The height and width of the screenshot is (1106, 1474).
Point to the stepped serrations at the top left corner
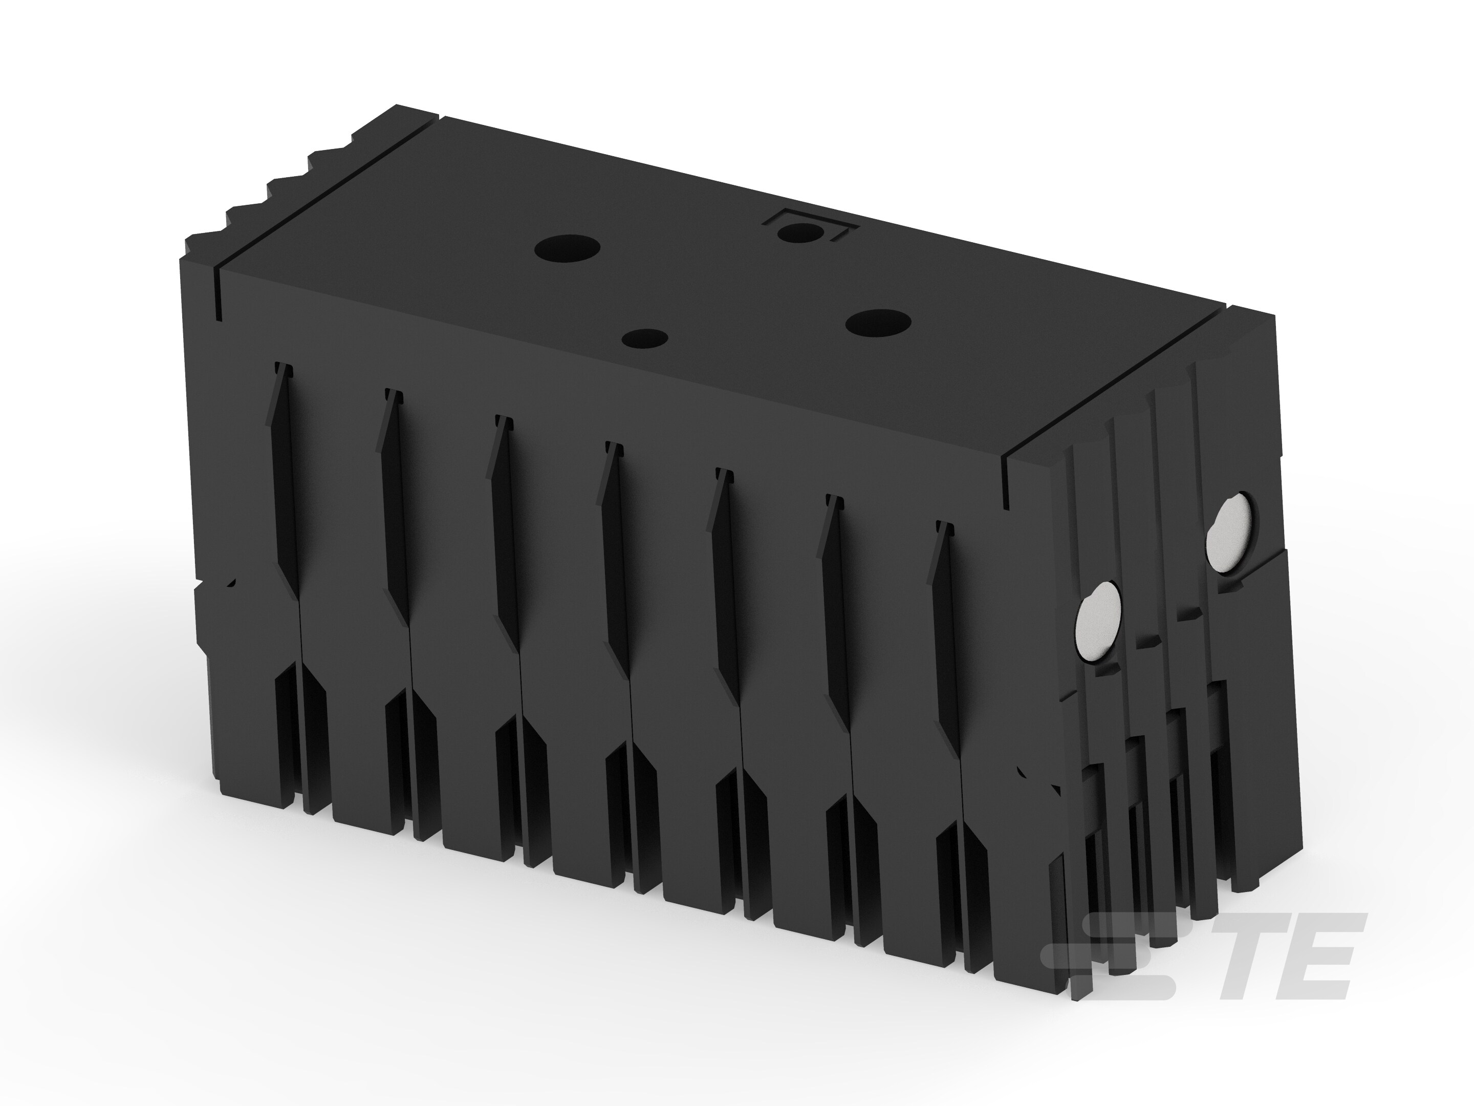tap(267, 194)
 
